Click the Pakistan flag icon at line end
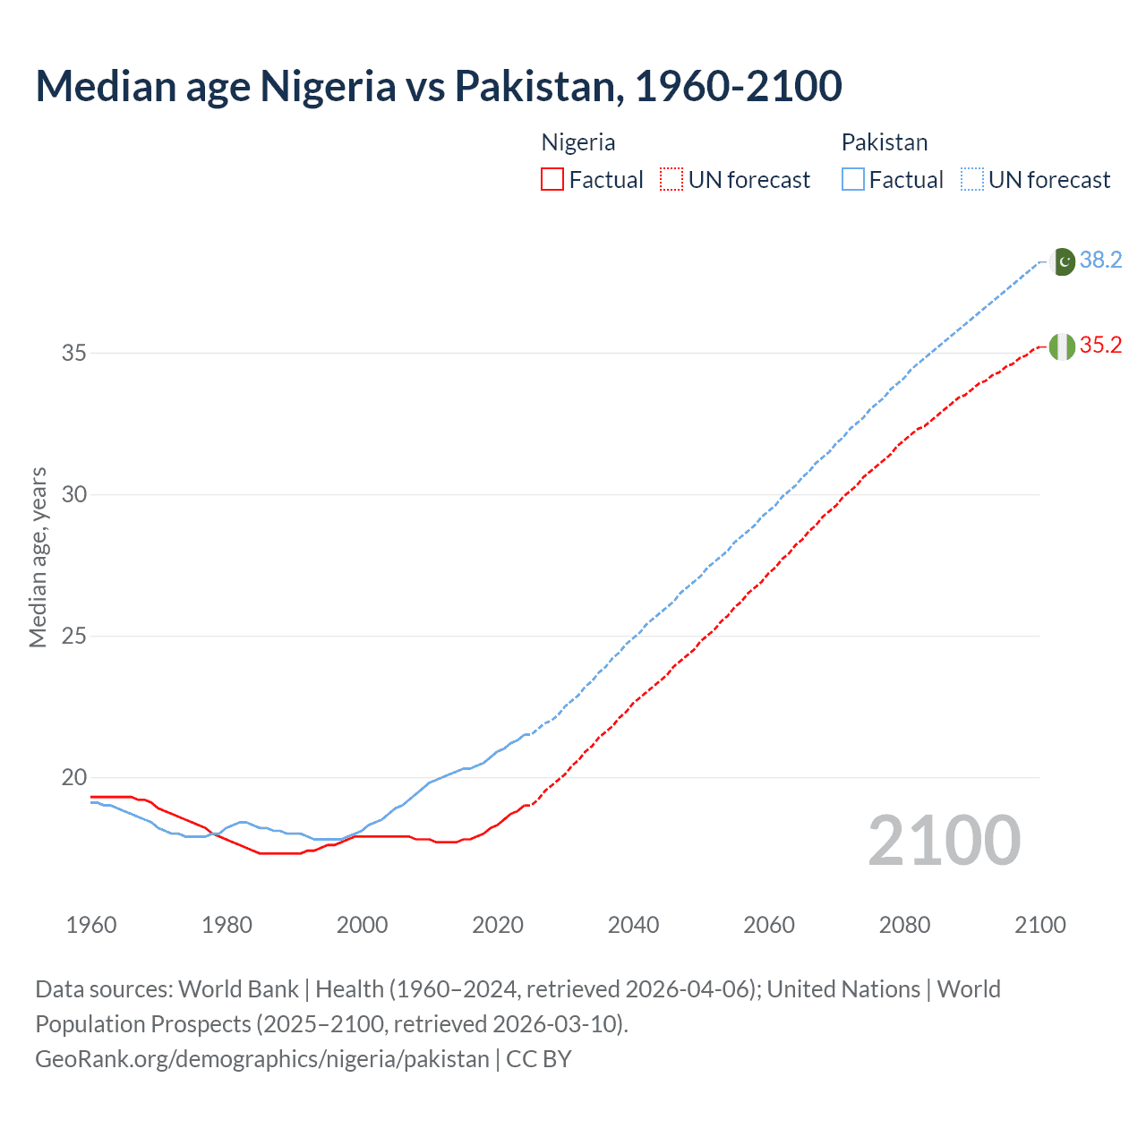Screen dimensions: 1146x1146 (x=1063, y=261)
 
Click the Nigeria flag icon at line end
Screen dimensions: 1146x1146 (x=1062, y=346)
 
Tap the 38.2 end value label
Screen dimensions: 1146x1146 (x=1100, y=261)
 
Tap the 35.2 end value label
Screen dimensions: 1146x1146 (x=1100, y=346)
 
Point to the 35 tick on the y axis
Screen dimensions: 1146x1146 (x=74, y=354)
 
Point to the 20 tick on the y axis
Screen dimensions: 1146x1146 (x=74, y=778)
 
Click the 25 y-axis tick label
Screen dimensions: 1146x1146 (x=74, y=637)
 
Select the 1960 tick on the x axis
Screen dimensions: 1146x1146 (x=91, y=925)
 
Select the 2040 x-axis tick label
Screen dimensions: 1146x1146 (x=633, y=925)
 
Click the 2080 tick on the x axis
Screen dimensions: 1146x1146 (x=904, y=925)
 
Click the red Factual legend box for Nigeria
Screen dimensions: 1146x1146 (x=552, y=180)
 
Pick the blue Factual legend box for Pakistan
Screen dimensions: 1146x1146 (x=853, y=180)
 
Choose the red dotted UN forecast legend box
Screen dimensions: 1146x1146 (x=671, y=180)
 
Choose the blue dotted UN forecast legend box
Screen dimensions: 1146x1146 (x=972, y=180)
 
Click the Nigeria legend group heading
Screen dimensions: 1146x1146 (x=578, y=142)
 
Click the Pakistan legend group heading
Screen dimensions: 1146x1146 (x=885, y=142)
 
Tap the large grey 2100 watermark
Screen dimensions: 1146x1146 (x=944, y=841)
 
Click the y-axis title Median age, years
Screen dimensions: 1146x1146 (x=38, y=557)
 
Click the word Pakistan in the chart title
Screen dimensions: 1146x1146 (x=535, y=86)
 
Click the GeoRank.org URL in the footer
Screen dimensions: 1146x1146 (x=262, y=1059)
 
